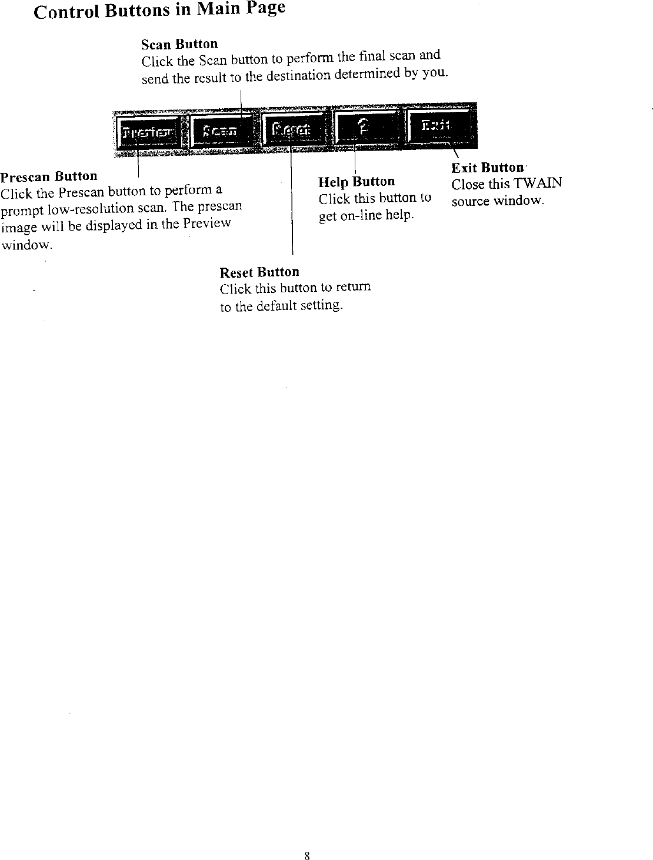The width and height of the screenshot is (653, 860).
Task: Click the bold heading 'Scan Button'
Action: coord(179,44)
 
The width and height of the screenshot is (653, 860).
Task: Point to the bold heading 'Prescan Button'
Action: coord(49,176)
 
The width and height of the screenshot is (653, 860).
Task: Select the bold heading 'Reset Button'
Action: coord(259,272)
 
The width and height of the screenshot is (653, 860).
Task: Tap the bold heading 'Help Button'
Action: coord(357,182)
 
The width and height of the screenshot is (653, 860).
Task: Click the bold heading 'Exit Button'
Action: coord(487,168)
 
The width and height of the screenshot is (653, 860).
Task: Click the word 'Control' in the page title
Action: coord(66,12)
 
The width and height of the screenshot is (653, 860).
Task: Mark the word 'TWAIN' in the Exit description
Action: coord(538,184)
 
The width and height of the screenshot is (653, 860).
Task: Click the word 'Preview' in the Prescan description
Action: coord(206,224)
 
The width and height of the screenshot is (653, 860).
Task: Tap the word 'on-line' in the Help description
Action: coord(359,215)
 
